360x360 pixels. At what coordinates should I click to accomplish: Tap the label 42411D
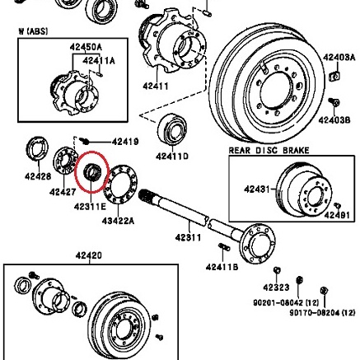[x=167, y=152]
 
